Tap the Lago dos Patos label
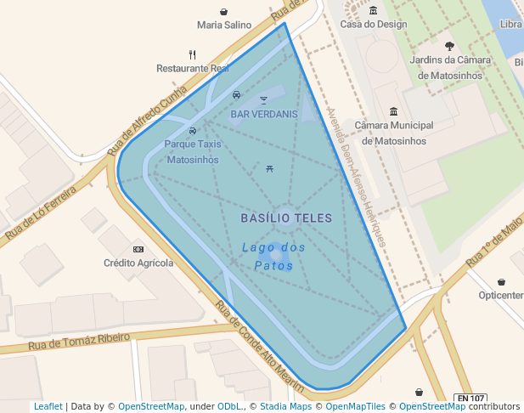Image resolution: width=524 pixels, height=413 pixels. pyautogui.click(x=273, y=257)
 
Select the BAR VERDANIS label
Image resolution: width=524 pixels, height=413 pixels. pyautogui.click(x=264, y=114)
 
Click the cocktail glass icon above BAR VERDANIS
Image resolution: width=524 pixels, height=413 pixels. pyautogui.click(x=263, y=100)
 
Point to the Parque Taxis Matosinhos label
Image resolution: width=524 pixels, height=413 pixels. pyautogui.click(x=193, y=151)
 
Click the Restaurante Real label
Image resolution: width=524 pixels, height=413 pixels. pyautogui.click(x=193, y=68)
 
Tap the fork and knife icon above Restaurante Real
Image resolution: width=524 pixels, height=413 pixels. pyautogui.click(x=193, y=55)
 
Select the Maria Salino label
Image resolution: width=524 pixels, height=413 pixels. pyautogui.click(x=224, y=25)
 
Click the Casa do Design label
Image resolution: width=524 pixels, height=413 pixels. pyautogui.click(x=374, y=25)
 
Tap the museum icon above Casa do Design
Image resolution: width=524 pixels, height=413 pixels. pyautogui.click(x=374, y=11)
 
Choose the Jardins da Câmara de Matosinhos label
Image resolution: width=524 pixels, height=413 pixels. pyautogui.click(x=449, y=67)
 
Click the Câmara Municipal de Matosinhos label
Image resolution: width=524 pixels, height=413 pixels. pyautogui.click(x=393, y=133)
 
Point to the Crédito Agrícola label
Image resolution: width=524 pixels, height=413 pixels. pyautogui.click(x=138, y=263)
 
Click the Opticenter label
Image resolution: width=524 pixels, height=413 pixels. pyautogui.click(x=501, y=295)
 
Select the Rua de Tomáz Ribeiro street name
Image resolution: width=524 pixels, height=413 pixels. pyautogui.click(x=79, y=341)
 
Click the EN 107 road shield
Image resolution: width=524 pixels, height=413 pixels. pyautogui.click(x=470, y=398)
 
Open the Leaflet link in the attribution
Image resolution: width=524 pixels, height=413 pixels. pyautogui.click(x=48, y=407)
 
